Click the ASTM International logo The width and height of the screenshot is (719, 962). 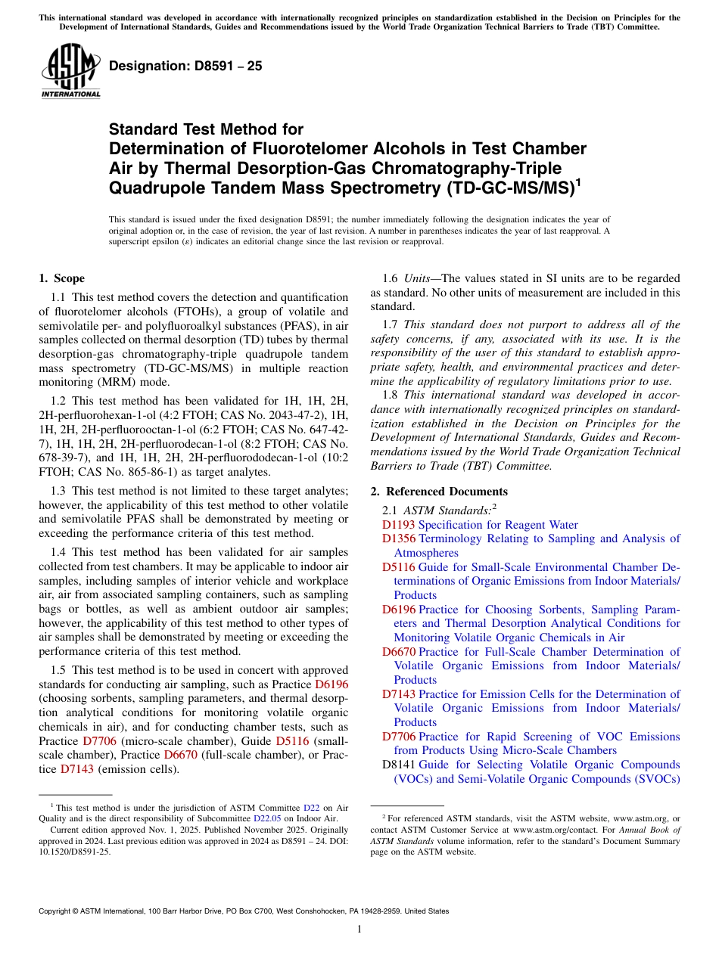click(x=70, y=72)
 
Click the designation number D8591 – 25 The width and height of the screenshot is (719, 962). click(x=185, y=67)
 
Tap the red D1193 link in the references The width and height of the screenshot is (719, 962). click(x=399, y=525)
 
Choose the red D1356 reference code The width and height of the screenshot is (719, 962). click(x=399, y=538)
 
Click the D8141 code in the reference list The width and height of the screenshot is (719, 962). click(x=399, y=765)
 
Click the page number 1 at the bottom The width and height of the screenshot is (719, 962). click(x=359, y=929)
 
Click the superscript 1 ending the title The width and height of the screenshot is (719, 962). click(x=579, y=182)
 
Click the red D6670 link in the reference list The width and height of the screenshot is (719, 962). click(x=399, y=652)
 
